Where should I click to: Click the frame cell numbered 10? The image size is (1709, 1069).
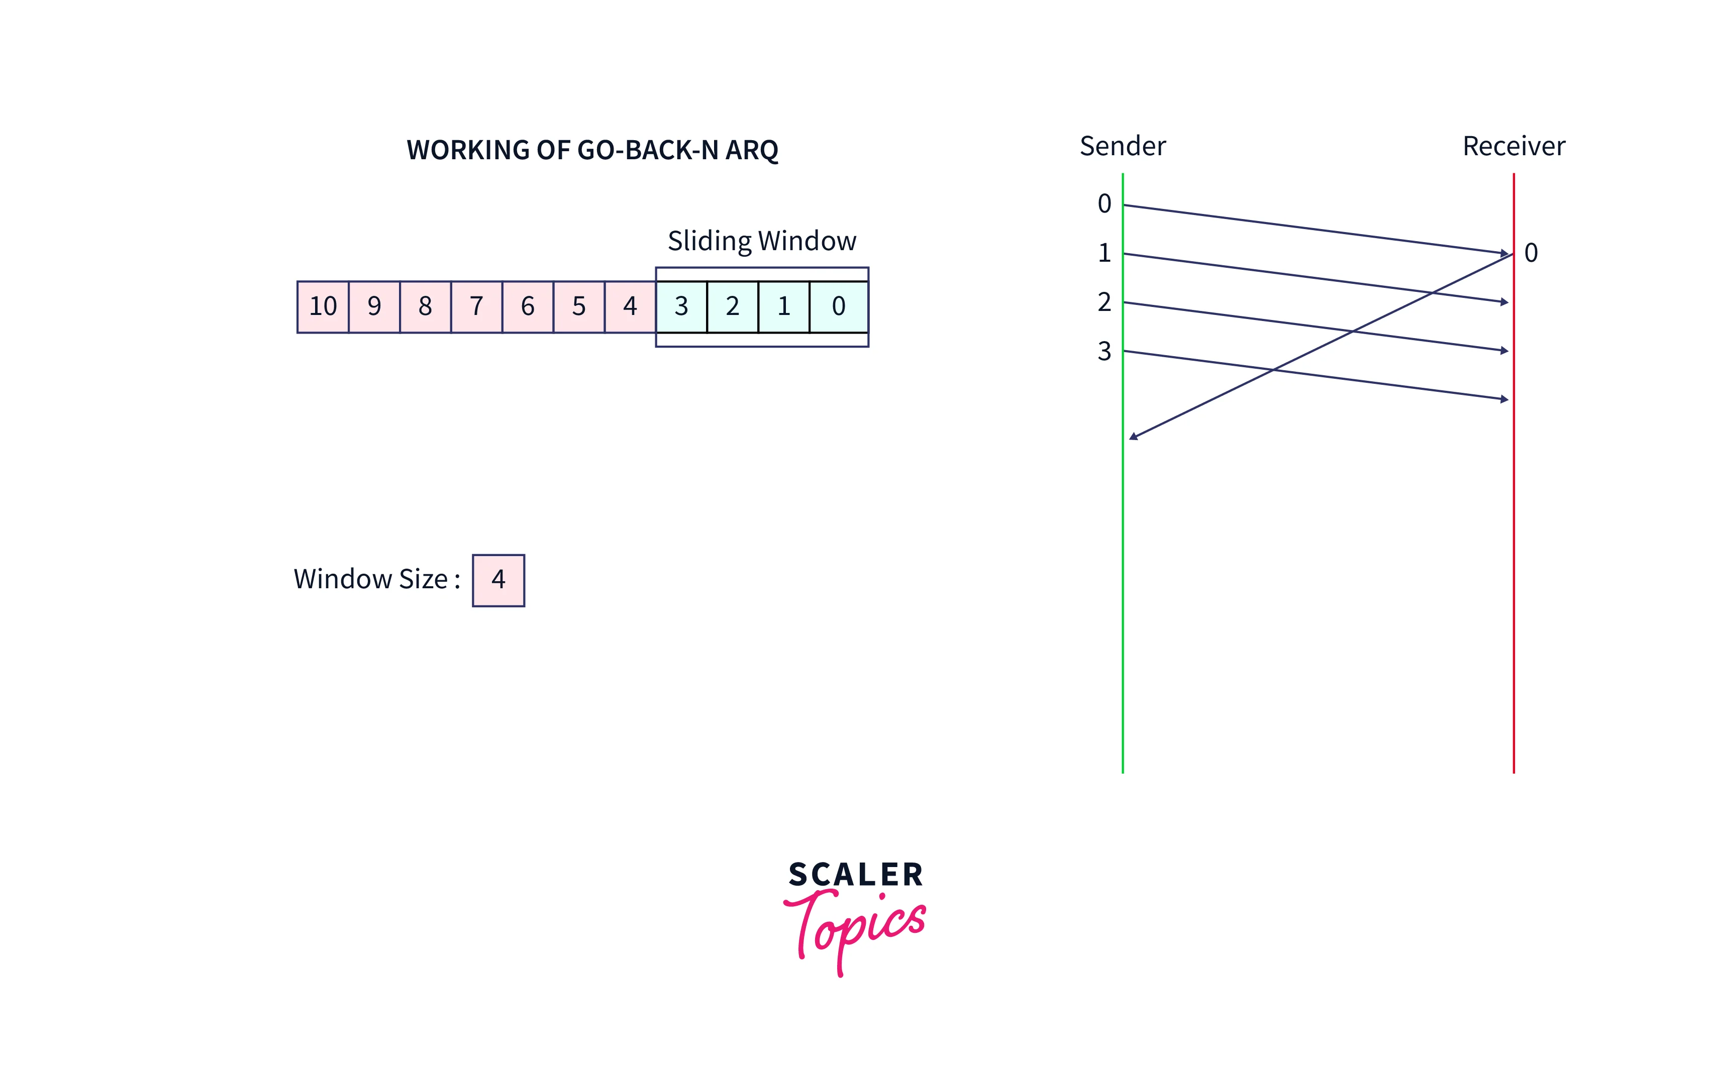pos(323,307)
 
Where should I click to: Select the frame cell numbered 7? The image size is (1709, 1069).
pos(476,307)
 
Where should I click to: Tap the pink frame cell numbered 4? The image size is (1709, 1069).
pos(630,307)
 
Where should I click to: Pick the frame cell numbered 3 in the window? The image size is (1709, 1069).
pos(681,307)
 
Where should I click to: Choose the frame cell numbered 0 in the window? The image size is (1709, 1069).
pos(839,307)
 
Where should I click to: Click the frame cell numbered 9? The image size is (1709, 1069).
pos(374,307)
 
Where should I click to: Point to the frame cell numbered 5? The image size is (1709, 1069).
pos(579,307)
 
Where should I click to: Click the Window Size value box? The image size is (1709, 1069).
pos(498,580)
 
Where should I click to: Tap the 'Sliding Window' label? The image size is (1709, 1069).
pos(761,241)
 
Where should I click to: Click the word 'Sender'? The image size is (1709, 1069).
pos(1122,146)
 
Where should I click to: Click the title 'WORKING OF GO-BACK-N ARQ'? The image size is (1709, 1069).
pos(592,150)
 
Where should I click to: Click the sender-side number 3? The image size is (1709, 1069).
pos(1104,351)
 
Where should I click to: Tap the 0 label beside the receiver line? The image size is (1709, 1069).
pos(1531,253)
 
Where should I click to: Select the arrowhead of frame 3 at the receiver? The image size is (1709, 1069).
pos(1504,399)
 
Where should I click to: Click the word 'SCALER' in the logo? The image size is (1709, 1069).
pos(856,875)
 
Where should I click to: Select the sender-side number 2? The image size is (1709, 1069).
pos(1104,302)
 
